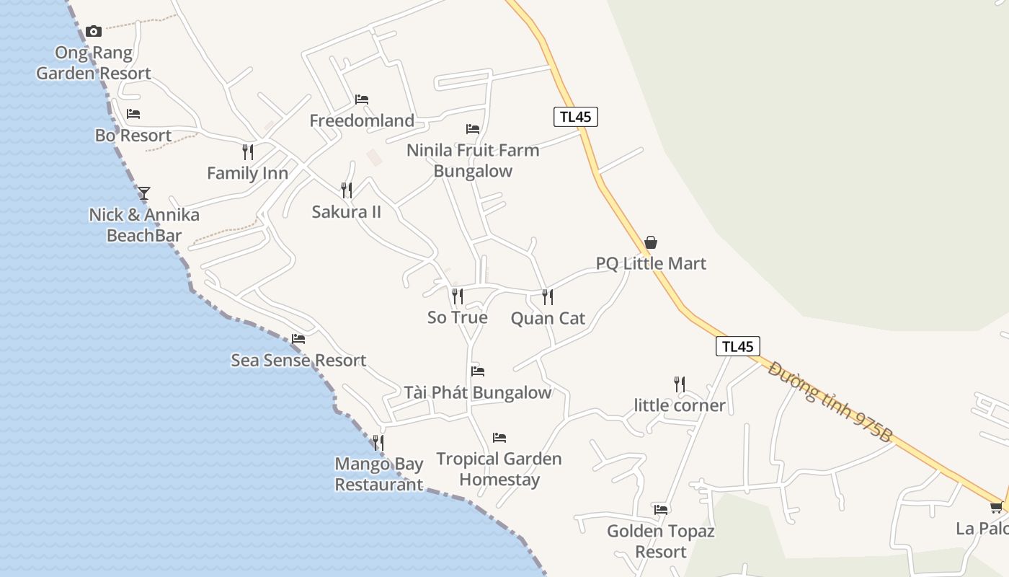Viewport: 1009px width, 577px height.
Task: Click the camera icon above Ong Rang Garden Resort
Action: [x=94, y=31]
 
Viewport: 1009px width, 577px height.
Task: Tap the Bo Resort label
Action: [x=133, y=136]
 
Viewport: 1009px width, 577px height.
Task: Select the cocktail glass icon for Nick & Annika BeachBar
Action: [x=144, y=193]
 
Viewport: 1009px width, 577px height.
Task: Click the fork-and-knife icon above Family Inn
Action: [x=248, y=152]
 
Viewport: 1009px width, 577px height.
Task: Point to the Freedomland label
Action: [x=362, y=120]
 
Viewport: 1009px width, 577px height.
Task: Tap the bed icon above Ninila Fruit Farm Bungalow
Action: [x=473, y=129]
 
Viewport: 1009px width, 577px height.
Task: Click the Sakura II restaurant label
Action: [x=347, y=212]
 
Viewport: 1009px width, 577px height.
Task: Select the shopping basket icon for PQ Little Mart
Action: [x=651, y=242]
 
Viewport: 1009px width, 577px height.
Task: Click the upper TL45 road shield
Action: [x=576, y=117]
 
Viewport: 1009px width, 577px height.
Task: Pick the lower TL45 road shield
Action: [x=738, y=346]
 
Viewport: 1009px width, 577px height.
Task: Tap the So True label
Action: [x=458, y=317]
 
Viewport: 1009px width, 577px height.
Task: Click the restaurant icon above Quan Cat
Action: [x=548, y=296]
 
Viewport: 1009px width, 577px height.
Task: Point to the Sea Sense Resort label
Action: [x=298, y=360]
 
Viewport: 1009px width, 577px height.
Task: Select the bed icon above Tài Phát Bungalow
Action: [x=478, y=371]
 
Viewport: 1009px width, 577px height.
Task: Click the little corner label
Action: [x=680, y=405]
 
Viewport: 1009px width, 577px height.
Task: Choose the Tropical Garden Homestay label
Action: [x=499, y=469]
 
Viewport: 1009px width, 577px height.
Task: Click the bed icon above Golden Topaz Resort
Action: [x=661, y=509]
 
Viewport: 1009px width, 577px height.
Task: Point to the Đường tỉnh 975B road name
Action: [x=830, y=401]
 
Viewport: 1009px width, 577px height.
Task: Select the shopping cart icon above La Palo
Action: [x=997, y=508]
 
